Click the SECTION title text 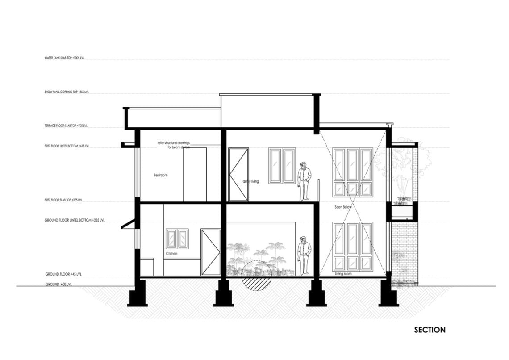pos(430,330)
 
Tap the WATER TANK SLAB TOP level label pos(64,58)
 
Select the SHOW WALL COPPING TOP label pos(67,92)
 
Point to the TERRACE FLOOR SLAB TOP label pos(66,126)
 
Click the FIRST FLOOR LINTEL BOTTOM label pos(67,146)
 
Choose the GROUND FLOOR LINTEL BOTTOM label pos(75,221)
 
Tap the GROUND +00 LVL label pos(62,285)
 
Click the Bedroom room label pos(161,176)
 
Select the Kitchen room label pos(171,254)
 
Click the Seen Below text pos(343,207)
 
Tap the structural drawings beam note pos(174,145)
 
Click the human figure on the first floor pos(304,181)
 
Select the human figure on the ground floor pos(304,255)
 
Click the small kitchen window pos(177,239)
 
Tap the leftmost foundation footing pos(138,295)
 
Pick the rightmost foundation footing pos(388,295)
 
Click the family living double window pos(282,165)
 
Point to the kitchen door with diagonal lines pos(211,252)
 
